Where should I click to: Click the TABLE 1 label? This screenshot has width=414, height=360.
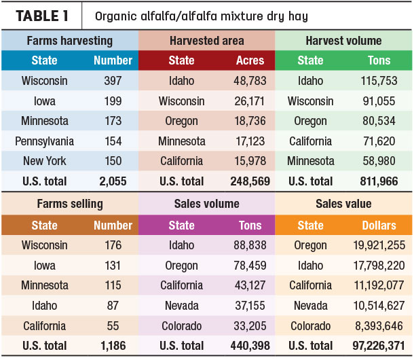click(x=42, y=16)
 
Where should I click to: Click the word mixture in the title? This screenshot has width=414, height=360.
click(x=242, y=16)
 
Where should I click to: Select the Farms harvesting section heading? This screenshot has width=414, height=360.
click(x=70, y=41)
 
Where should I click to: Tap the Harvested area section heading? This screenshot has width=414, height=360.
click(x=207, y=41)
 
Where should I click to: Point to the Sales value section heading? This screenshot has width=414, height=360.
click(x=343, y=204)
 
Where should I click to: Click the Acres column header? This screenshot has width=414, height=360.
click(x=250, y=60)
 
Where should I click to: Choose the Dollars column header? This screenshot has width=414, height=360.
click(x=379, y=226)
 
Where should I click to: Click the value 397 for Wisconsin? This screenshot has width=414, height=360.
click(x=113, y=81)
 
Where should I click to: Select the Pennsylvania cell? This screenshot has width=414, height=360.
click(x=44, y=141)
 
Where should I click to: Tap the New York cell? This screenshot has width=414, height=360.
click(x=45, y=161)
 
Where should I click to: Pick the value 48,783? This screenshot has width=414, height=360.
click(x=250, y=81)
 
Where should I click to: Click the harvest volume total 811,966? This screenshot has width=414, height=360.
click(x=379, y=181)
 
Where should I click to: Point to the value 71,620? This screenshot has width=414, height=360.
click(x=379, y=141)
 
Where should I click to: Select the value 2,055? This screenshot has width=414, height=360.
click(x=113, y=181)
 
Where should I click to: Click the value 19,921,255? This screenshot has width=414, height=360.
click(x=379, y=245)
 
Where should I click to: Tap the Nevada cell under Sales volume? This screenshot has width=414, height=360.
click(x=182, y=306)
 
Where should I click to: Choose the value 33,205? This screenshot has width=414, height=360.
click(x=250, y=326)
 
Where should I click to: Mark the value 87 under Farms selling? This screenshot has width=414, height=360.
click(x=113, y=306)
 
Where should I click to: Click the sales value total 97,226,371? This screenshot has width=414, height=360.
click(x=379, y=346)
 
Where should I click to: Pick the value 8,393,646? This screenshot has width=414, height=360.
click(x=379, y=326)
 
